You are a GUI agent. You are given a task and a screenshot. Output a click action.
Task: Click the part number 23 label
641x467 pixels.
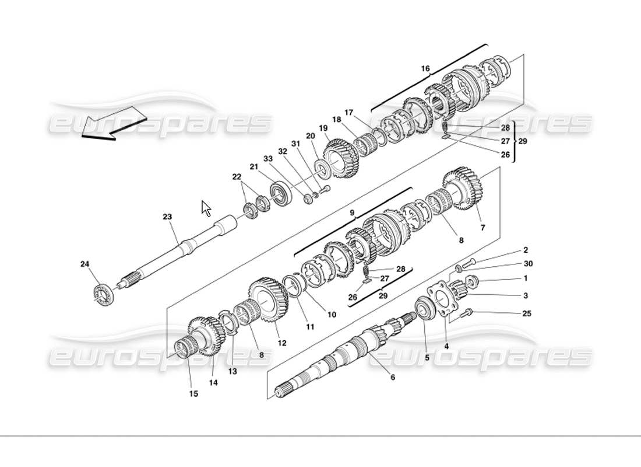coord(167,217)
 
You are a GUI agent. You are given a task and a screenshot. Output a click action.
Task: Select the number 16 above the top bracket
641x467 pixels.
coord(425,69)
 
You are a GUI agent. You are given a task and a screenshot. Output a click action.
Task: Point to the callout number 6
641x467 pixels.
coord(392,377)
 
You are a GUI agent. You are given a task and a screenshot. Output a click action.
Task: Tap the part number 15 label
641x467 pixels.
coord(193,393)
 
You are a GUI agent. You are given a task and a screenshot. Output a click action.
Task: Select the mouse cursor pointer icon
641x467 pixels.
coord(206,208)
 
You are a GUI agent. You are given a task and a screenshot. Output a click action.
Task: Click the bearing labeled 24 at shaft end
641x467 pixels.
coord(104,292)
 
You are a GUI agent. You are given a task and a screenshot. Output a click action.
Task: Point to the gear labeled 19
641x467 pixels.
coord(339,156)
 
